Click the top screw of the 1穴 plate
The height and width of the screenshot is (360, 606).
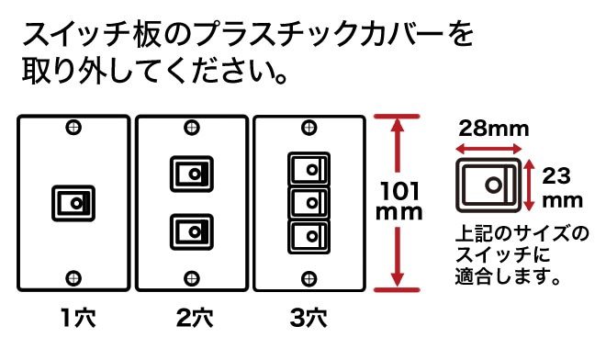point(73,128)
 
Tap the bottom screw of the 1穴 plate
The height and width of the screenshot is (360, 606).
point(73,278)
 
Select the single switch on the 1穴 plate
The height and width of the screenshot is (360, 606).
point(73,203)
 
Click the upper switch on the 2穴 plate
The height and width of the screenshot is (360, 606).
point(192,174)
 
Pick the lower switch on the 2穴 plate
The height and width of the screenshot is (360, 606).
point(192,232)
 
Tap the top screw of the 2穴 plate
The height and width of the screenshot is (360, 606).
point(192,128)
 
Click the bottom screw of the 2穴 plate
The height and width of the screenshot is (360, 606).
point(192,278)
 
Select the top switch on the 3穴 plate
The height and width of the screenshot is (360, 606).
point(309,169)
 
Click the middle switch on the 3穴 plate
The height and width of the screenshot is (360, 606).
point(309,203)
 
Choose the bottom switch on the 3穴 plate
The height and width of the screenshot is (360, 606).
point(309,237)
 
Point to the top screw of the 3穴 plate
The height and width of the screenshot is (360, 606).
point(309,128)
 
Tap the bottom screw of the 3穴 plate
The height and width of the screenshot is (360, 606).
point(309,278)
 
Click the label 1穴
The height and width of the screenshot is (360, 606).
point(78,318)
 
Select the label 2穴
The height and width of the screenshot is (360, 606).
point(195,318)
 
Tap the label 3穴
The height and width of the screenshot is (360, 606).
point(309,318)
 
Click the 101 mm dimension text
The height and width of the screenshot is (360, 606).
point(398,201)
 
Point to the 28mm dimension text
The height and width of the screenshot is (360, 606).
point(494,129)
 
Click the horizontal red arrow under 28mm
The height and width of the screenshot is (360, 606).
point(488,149)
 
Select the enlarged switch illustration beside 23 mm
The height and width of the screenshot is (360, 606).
point(488,186)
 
